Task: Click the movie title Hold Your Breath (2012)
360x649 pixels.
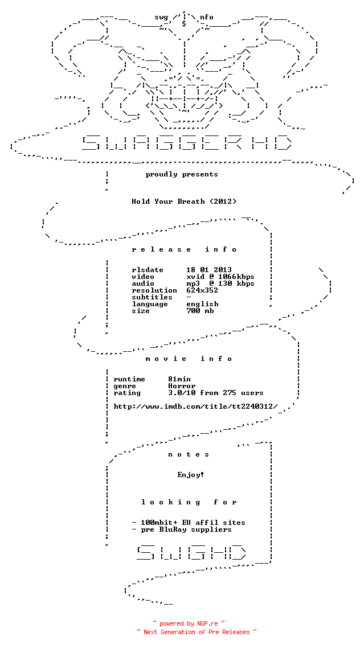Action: point(184,202)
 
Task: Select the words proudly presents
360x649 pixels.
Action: point(182,174)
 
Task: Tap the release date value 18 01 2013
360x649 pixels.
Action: point(209,270)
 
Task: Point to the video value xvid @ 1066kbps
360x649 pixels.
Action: point(220,277)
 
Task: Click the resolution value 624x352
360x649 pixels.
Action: point(202,290)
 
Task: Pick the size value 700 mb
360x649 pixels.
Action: point(200,311)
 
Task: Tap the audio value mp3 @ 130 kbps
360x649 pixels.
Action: point(220,284)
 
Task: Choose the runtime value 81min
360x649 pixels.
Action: point(179,379)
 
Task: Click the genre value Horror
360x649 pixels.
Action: point(182,386)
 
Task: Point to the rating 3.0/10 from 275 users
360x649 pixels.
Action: point(216,393)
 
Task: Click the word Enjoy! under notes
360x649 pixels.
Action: point(191,475)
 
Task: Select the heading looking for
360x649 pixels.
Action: point(189,502)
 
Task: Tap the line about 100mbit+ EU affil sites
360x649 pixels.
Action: point(189,523)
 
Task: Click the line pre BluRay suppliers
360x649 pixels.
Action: point(182,529)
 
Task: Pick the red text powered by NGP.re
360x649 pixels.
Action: point(189,623)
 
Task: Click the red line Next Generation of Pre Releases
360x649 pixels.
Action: point(197,632)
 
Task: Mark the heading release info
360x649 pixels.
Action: point(184,249)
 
